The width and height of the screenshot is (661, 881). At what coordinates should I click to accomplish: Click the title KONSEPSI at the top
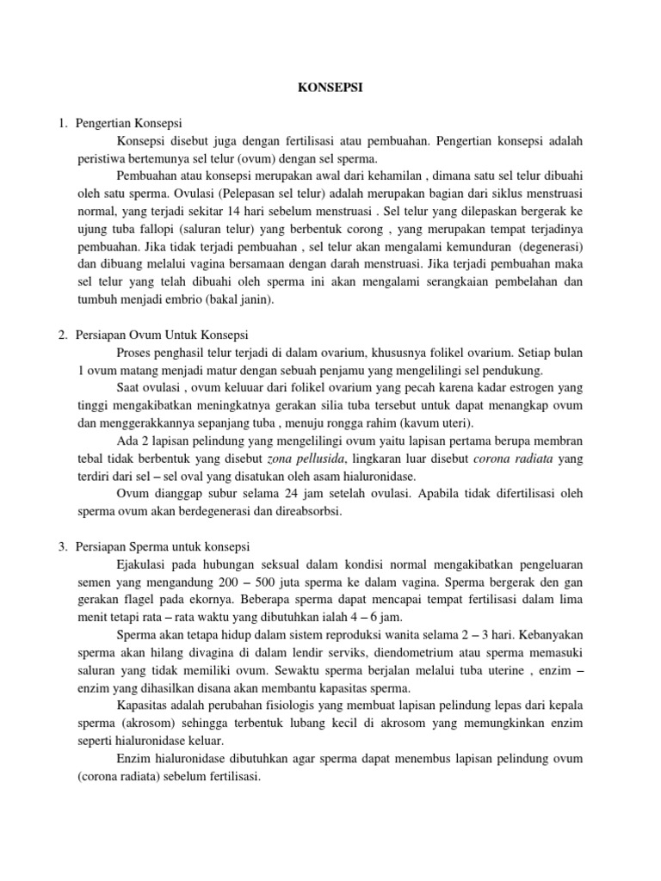point(330,87)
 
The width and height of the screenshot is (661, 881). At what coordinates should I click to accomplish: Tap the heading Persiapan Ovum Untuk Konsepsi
point(162,335)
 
